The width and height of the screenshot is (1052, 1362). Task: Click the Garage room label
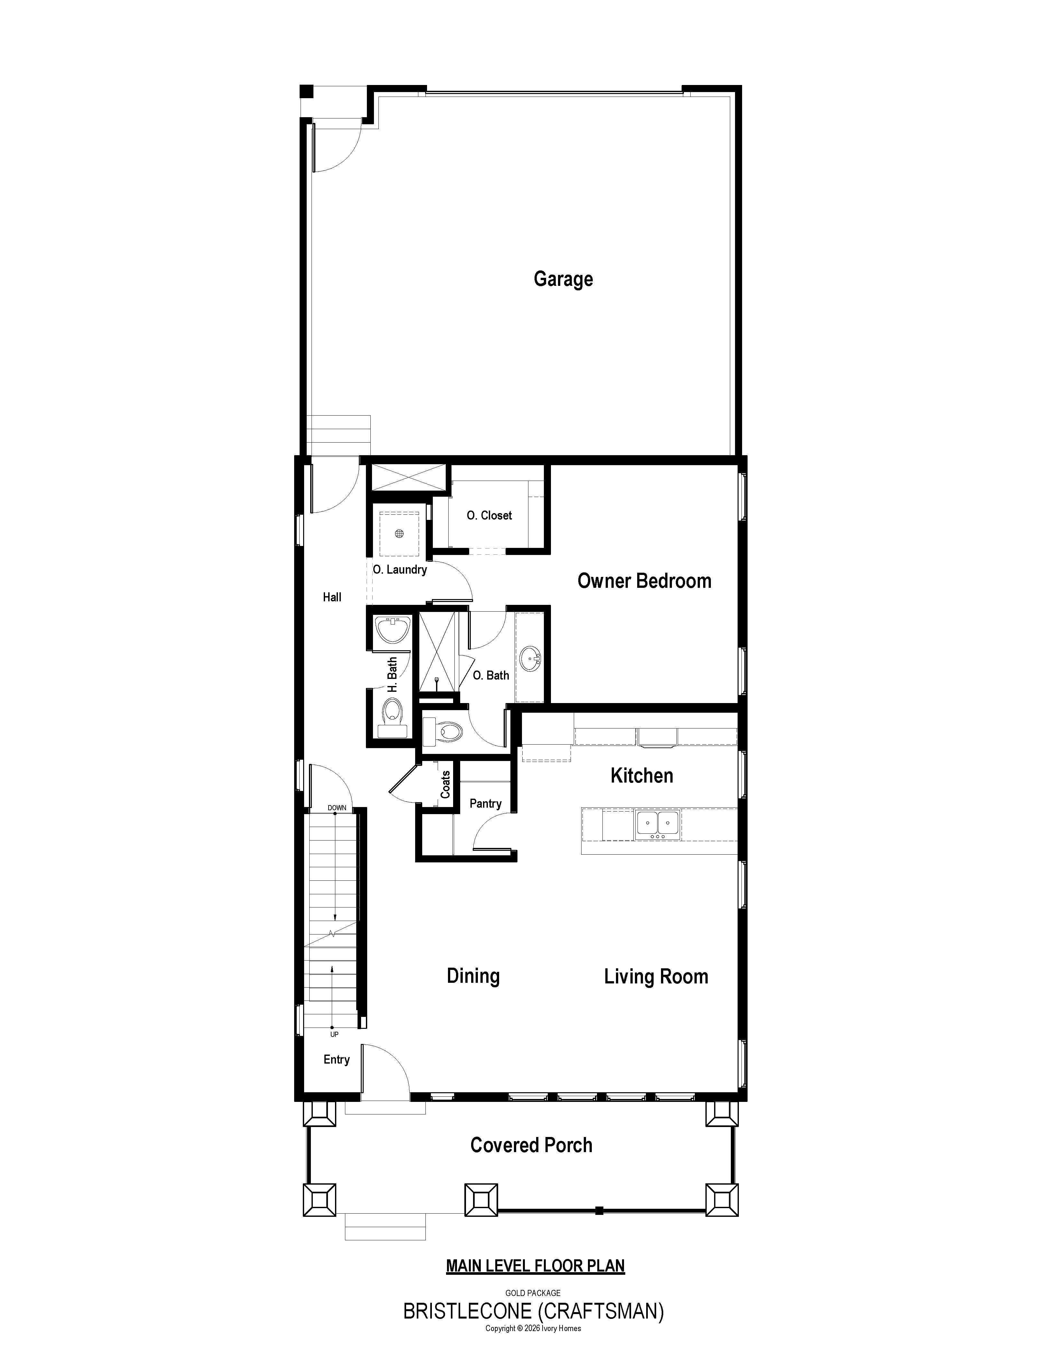563,279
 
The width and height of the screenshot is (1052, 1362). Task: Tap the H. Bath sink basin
392,630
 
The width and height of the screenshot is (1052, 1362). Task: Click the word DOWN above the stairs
337,808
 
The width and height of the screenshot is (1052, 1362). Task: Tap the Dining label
473,976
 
